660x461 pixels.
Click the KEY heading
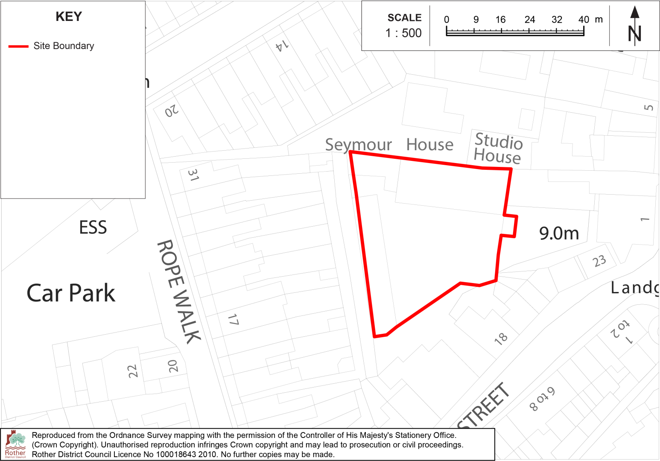(69, 17)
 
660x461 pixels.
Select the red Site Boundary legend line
(18, 46)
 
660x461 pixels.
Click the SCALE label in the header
(404, 18)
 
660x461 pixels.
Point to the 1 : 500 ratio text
(403, 33)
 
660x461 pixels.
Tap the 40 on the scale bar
(584, 20)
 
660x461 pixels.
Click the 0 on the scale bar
(447, 20)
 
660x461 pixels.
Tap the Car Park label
(71, 293)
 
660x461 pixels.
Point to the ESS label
(93, 228)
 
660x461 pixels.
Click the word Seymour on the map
(358, 145)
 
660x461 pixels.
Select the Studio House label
(498, 149)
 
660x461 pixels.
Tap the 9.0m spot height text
(559, 233)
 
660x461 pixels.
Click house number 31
(193, 175)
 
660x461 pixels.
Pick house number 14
(282, 45)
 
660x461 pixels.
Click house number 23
(599, 261)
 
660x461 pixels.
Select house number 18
(501, 338)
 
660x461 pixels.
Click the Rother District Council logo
(15, 444)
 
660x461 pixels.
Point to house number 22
(133, 371)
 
